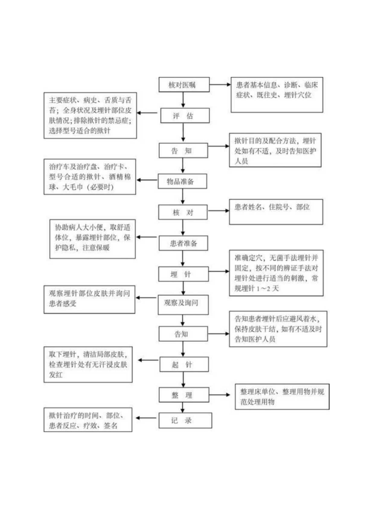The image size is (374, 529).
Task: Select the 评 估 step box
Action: (185, 116)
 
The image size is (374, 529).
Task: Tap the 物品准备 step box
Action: (182, 181)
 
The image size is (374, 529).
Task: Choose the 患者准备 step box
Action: (184, 244)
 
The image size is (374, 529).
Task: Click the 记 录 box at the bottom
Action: (185, 421)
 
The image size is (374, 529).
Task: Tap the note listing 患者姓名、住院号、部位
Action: (276, 211)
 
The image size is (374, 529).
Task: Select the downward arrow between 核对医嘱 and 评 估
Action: (184, 100)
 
